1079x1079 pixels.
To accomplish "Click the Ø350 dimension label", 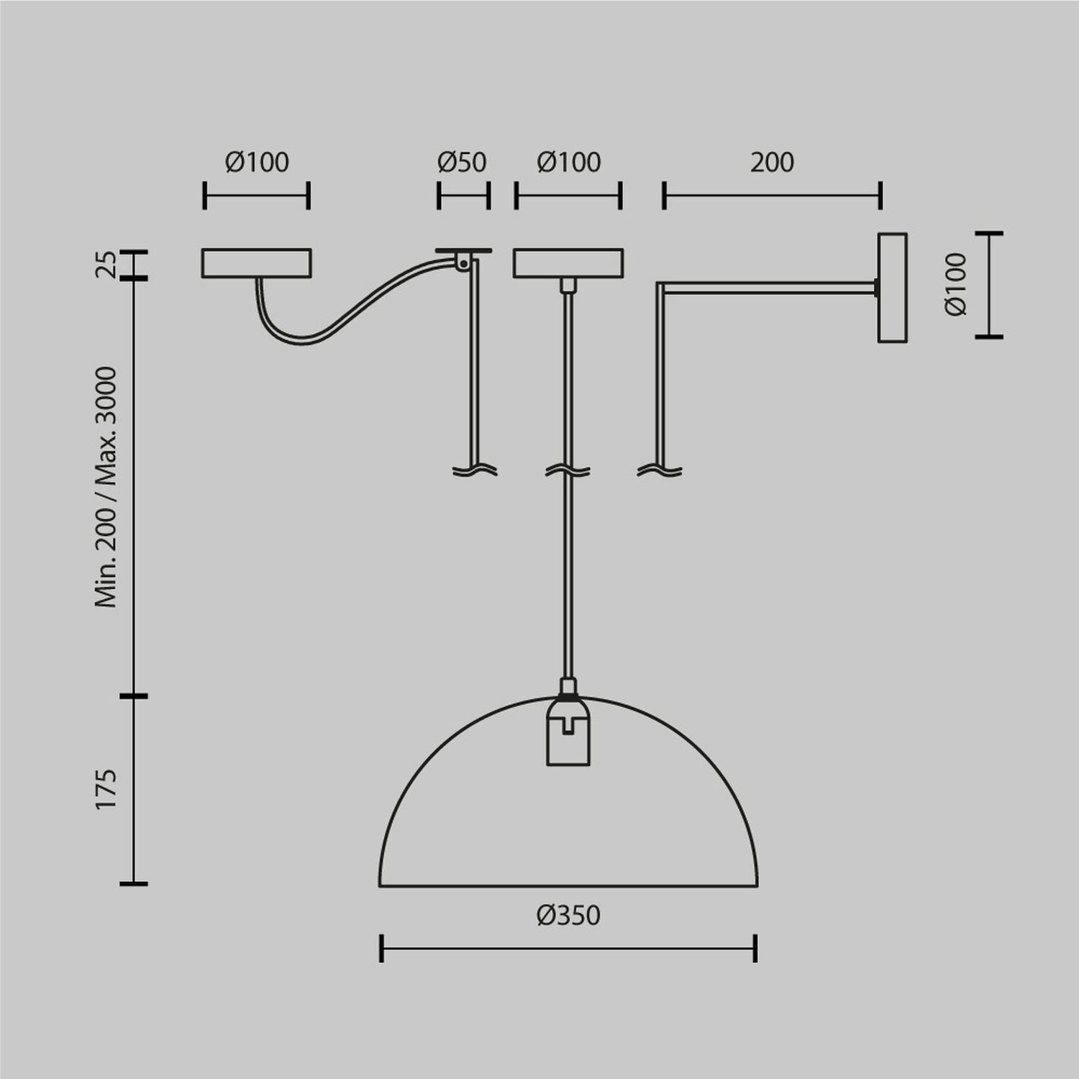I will pyautogui.click(x=568, y=915).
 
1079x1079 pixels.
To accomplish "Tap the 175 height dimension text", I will pyautogui.click(x=106, y=789).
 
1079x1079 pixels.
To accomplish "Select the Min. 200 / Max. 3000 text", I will pyautogui.click(x=106, y=487).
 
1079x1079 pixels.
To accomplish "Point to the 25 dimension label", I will pyautogui.click(x=106, y=264).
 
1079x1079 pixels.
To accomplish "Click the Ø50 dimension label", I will pyautogui.click(x=462, y=163).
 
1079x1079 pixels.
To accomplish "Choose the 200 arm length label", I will pyautogui.click(x=772, y=163).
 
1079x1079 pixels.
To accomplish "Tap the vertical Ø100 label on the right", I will pyautogui.click(x=957, y=284).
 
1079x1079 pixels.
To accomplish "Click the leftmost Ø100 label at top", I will pyautogui.click(x=256, y=163).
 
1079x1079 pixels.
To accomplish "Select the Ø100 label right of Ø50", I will pyautogui.click(x=568, y=163).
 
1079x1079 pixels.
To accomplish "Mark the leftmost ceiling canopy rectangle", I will pyautogui.click(x=256, y=263).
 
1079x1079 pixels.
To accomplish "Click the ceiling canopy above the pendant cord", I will pyautogui.click(x=568, y=263).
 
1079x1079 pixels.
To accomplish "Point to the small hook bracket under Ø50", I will pyautogui.click(x=463, y=260).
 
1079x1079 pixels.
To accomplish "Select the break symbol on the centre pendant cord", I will pyautogui.click(x=568, y=471).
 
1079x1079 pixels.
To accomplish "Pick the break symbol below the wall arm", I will pyautogui.click(x=660, y=471).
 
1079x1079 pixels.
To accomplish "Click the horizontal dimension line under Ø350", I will pyautogui.click(x=568, y=948).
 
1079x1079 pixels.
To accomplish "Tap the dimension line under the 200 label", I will pyautogui.click(x=772, y=195).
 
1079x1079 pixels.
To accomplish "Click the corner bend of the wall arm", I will pyautogui.click(x=660, y=288).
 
